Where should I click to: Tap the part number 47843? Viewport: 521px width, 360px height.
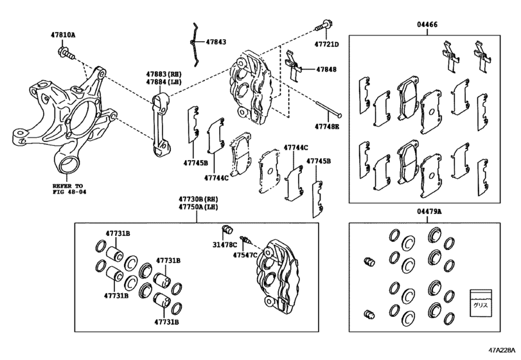click(x=216, y=42)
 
